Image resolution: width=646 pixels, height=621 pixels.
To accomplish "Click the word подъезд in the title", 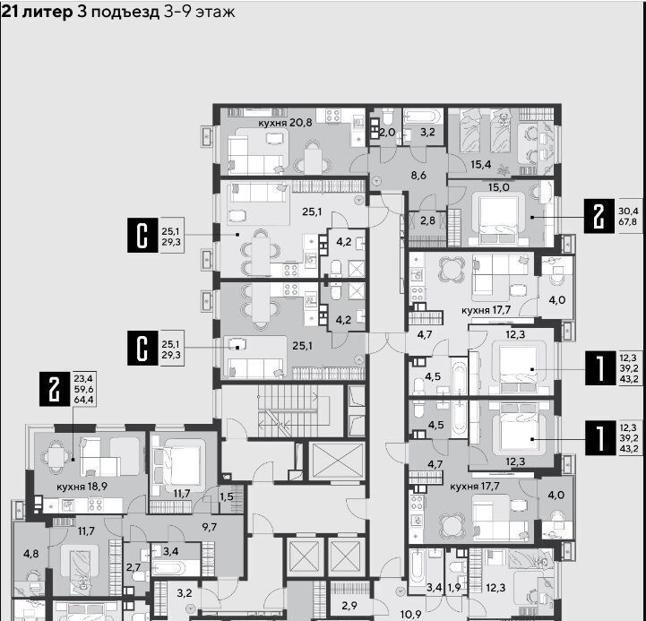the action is pyautogui.click(x=125, y=13).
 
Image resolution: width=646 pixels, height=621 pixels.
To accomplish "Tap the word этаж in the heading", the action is pyautogui.click(x=215, y=13).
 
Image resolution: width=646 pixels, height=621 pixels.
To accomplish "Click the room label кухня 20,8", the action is pyautogui.click(x=285, y=123).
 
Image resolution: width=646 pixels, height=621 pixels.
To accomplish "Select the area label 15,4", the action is pyautogui.click(x=481, y=165).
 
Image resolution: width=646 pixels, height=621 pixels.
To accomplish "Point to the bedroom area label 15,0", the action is pyautogui.click(x=498, y=187).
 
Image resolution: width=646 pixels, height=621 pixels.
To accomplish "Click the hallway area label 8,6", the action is pyautogui.click(x=418, y=175).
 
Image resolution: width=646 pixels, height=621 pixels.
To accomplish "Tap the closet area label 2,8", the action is pyautogui.click(x=427, y=220).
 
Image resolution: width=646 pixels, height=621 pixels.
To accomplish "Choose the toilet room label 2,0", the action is pyautogui.click(x=387, y=133).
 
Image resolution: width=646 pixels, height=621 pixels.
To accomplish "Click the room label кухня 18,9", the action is pyautogui.click(x=82, y=487).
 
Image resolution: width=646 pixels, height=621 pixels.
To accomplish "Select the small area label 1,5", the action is pyautogui.click(x=226, y=496).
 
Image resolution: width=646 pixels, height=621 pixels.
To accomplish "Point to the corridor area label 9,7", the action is pyautogui.click(x=210, y=527).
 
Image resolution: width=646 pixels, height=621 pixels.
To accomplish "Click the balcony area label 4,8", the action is pyautogui.click(x=30, y=554).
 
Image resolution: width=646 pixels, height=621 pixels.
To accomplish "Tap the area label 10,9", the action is pyautogui.click(x=410, y=615).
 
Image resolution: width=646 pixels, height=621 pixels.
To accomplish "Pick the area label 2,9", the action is pyautogui.click(x=349, y=606).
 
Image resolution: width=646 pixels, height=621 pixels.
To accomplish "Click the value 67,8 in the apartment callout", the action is pyautogui.click(x=628, y=221).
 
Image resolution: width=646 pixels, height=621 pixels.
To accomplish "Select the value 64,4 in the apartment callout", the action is pyautogui.click(x=83, y=400).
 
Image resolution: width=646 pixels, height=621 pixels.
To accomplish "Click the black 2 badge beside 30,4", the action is pyautogui.click(x=599, y=216).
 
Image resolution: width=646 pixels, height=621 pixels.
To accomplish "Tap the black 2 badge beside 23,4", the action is pyautogui.click(x=55, y=389).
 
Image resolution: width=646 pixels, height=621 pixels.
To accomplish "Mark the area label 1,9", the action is pyautogui.click(x=454, y=588).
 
